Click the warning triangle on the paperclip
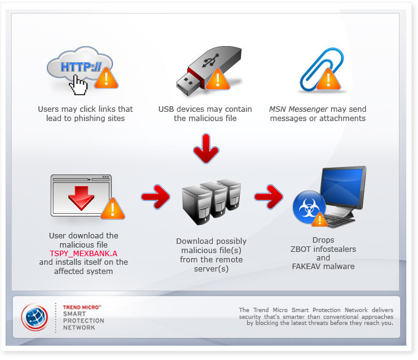(x=329, y=79)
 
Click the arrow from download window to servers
(x=154, y=197)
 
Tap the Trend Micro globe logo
(x=35, y=316)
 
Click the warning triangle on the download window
(x=112, y=209)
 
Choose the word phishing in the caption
(x=92, y=118)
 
